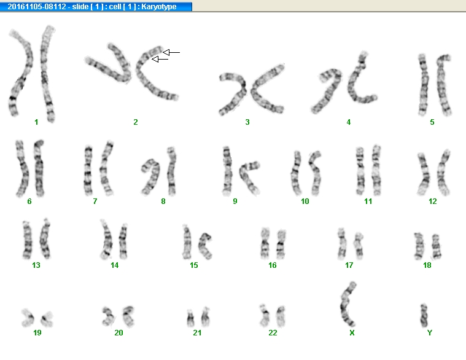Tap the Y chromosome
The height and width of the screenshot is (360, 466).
pos(424,315)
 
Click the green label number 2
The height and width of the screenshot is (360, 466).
pos(136,122)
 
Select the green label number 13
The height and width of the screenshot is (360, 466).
pos(36,265)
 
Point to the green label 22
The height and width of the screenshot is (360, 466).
pos(273,332)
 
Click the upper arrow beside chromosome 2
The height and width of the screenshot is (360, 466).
pos(171,53)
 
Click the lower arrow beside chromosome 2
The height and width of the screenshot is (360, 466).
pos(160,60)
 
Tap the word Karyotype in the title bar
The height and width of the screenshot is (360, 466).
pos(158,7)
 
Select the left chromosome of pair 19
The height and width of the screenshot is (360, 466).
pos(28,318)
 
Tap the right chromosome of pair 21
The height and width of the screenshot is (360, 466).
pos(205,317)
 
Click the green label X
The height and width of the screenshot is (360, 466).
pos(352,332)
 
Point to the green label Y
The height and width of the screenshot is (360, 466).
pos(429,332)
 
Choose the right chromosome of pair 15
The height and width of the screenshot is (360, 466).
pos(204,246)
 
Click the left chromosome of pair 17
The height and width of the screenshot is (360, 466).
pos(341,244)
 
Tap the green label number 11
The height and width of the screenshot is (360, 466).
pos(368,202)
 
